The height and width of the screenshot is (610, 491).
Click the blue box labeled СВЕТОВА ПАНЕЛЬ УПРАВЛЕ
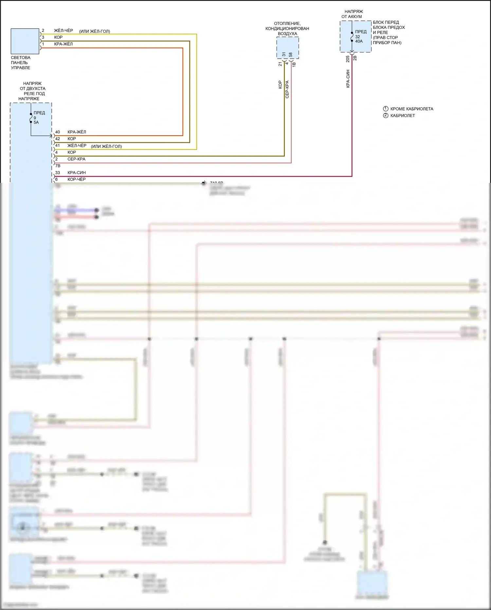click(25, 41)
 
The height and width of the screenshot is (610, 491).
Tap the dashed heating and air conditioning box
click(287, 48)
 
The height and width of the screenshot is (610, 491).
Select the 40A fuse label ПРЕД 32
click(360, 36)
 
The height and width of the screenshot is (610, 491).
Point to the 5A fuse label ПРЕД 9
click(39, 117)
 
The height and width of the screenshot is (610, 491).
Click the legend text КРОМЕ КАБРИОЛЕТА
click(411, 109)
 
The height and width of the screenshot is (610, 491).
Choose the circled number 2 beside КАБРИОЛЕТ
click(386, 115)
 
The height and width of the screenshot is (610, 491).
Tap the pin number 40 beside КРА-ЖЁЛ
click(58, 132)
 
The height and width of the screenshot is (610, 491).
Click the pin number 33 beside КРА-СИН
click(58, 173)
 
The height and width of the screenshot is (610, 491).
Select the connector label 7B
click(58, 166)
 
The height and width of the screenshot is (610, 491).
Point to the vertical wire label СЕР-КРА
click(287, 89)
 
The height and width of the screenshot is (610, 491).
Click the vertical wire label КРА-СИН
click(348, 79)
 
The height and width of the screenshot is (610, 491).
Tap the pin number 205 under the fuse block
click(348, 59)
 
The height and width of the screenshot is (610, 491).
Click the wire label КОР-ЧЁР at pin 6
click(77, 179)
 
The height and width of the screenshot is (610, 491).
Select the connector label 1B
click(294, 65)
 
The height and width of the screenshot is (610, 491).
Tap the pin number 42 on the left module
click(58, 139)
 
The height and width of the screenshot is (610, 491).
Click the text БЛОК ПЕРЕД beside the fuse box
click(386, 22)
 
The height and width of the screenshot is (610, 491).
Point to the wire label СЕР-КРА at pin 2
click(77, 159)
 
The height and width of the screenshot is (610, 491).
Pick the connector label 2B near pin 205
click(355, 58)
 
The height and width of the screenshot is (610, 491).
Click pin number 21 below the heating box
click(280, 64)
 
